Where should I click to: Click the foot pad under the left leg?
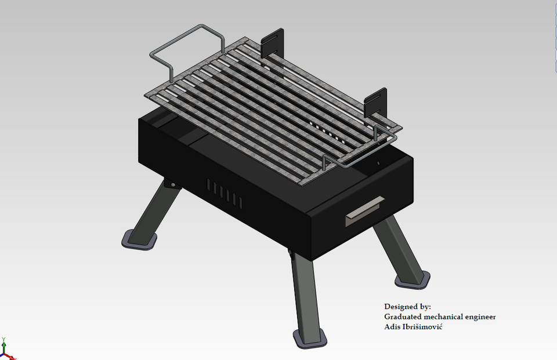coord(139,239)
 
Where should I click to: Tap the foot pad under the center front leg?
coord(308,338)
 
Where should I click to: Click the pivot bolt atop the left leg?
coord(172,184)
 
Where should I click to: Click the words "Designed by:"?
coord(407,306)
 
